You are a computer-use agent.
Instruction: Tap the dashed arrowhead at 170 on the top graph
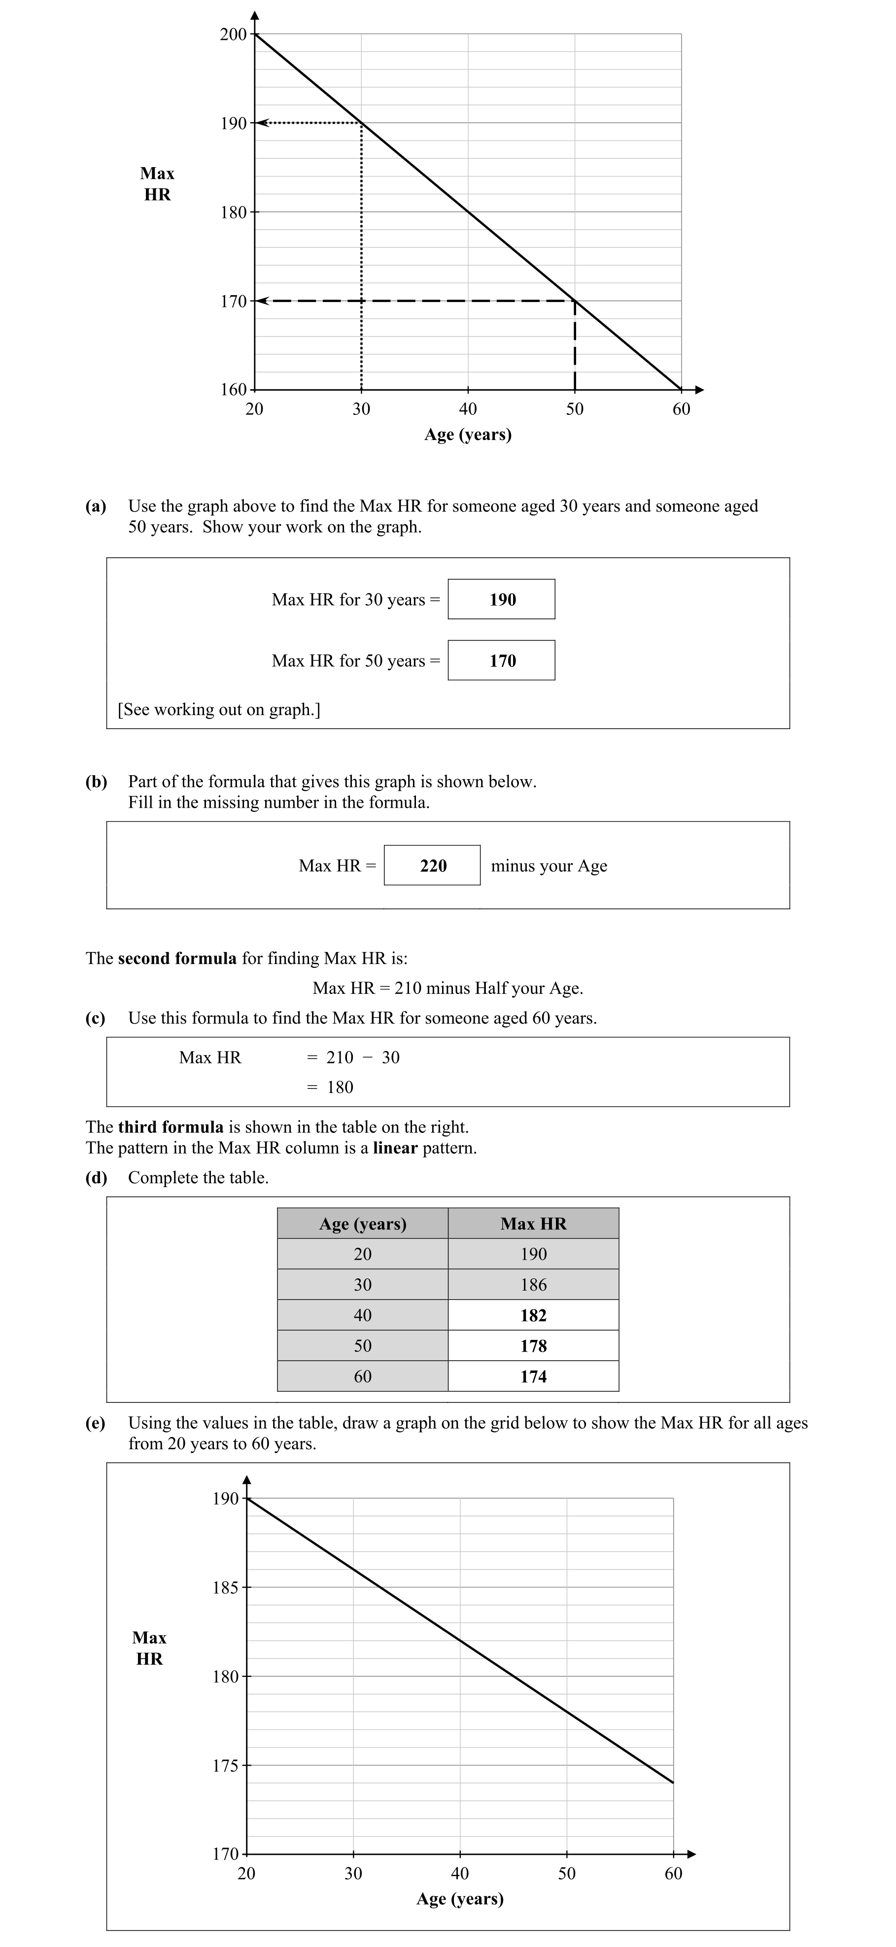[x=262, y=301]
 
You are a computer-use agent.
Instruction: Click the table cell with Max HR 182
[x=533, y=1315]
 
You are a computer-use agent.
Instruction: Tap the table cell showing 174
[x=533, y=1376]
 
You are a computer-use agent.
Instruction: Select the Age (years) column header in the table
[x=362, y=1224]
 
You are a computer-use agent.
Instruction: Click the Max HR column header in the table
[x=533, y=1224]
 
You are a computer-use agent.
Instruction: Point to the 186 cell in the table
[x=533, y=1284]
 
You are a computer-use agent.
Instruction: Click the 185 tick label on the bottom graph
[x=225, y=1587]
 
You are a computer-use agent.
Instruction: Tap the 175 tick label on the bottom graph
[x=225, y=1766]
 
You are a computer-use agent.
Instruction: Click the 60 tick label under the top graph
[x=681, y=409]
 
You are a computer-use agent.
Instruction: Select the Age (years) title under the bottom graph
[x=460, y=1899]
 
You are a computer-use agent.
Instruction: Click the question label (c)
[x=95, y=1018]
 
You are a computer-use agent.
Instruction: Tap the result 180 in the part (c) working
[x=340, y=1087]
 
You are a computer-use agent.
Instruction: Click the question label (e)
[x=95, y=1423]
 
